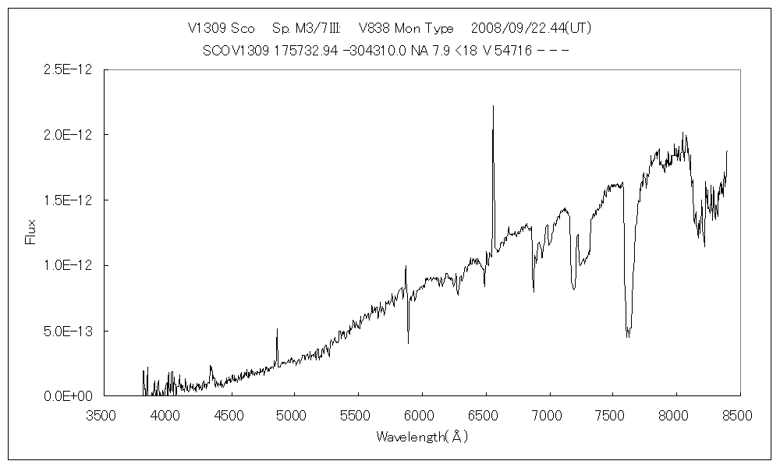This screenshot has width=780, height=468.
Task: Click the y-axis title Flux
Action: point(30,232)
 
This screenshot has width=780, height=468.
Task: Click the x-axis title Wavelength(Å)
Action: point(421,437)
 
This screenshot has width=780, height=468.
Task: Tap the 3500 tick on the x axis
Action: point(102,416)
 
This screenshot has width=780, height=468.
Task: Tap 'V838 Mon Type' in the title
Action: point(406,28)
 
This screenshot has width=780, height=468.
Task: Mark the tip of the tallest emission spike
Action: point(493,105)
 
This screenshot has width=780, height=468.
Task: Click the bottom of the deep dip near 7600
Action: point(627,337)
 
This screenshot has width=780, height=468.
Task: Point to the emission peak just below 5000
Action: point(277,328)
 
